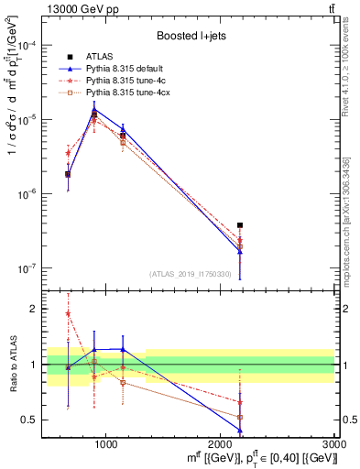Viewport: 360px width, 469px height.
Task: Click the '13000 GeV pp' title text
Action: [x=76, y=10]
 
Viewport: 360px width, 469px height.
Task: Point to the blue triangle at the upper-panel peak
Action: [x=94, y=109]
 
